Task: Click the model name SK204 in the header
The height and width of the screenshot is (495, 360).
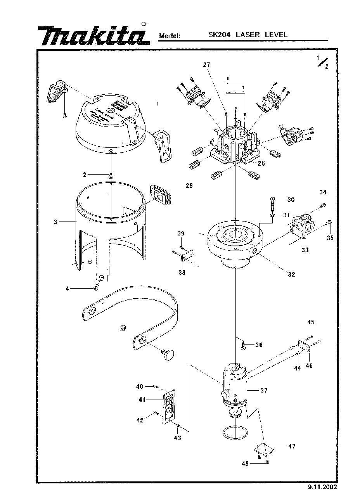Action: [220, 35]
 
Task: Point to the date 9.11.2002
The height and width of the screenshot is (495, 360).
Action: [322, 487]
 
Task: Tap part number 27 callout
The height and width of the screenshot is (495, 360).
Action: [206, 65]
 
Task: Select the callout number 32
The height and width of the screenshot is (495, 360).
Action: [291, 274]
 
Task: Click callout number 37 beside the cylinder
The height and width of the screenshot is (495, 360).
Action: [264, 391]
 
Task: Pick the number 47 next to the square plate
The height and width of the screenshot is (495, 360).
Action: [291, 446]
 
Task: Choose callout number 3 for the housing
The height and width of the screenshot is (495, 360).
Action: [56, 222]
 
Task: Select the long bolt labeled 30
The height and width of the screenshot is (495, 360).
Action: [273, 203]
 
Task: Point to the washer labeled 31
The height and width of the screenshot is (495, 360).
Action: [273, 215]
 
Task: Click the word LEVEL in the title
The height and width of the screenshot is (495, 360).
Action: [276, 35]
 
